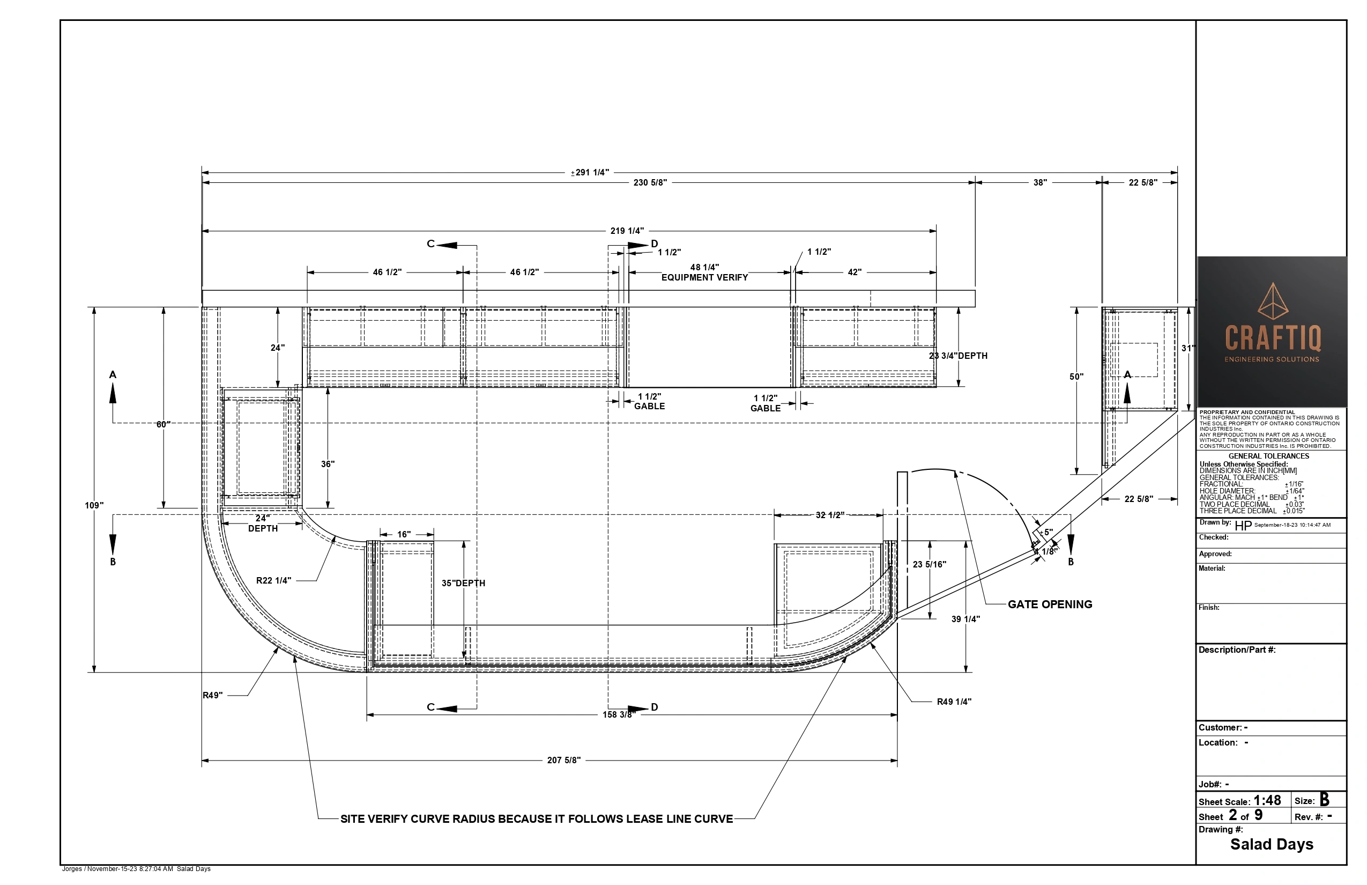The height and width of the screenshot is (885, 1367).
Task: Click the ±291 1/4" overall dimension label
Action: [x=590, y=172]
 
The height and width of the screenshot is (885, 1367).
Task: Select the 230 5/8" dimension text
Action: [x=650, y=183]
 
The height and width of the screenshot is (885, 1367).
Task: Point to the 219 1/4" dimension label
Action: [x=627, y=231]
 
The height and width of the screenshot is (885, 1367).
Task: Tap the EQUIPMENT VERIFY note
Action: [x=705, y=278]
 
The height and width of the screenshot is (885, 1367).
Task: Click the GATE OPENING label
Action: [x=1050, y=604]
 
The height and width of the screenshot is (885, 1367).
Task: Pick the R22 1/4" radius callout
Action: [x=273, y=580]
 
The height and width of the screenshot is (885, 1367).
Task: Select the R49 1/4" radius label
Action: [x=954, y=702]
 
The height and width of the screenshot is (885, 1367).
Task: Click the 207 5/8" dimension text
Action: [x=564, y=761]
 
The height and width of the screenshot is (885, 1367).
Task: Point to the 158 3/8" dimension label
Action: [x=617, y=715]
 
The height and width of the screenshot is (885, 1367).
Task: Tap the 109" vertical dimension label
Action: [x=94, y=506]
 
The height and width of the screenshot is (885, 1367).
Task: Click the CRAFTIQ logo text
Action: [x=1273, y=338]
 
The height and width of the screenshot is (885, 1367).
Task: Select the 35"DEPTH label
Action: [x=464, y=584]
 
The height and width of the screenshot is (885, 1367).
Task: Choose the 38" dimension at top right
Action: [x=1040, y=183]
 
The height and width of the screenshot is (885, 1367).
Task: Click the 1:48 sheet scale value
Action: [x=1267, y=800]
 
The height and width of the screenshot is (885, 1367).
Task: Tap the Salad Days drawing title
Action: [x=1272, y=844]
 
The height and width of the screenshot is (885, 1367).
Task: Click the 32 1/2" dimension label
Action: [x=830, y=515]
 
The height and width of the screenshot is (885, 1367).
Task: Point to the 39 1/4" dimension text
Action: [x=965, y=619]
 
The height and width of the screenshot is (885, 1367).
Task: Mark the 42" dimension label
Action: [x=855, y=272]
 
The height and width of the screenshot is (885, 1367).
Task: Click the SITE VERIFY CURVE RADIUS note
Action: [x=537, y=819]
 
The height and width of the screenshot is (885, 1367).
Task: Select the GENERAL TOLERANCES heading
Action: [x=1269, y=456]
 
